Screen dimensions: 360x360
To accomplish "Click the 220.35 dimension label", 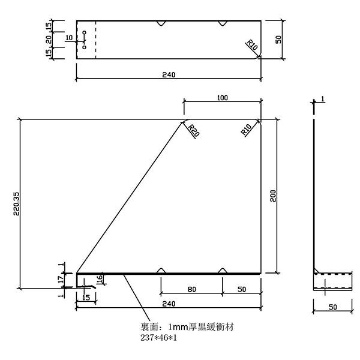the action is (17, 204).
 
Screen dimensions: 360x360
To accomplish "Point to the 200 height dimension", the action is (273, 196).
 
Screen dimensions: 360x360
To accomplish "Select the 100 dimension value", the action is (222, 98).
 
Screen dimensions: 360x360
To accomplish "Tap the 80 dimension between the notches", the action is (192, 290).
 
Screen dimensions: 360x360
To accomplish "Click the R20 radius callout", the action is (194, 130).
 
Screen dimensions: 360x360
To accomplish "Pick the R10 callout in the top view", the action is (252, 45).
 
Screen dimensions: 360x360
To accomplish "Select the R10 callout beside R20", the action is (246, 130).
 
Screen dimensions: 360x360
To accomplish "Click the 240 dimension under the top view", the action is (169, 75).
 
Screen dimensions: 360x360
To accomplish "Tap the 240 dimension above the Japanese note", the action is (169, 304).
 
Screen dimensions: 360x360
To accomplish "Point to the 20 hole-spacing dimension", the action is (49, 40).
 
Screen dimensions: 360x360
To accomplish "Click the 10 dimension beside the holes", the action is (69, 38).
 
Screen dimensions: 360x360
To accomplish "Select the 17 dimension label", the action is (61, 279).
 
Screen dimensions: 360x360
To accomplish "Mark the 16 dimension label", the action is (100, 278).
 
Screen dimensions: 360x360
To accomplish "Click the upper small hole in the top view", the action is (84, 32).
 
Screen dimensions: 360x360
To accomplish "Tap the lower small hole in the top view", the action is (84, 47).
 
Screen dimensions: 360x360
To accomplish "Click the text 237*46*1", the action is (158, 338).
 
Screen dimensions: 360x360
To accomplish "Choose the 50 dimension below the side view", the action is (332, 307).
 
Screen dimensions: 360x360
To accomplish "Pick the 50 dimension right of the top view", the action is (278, 40).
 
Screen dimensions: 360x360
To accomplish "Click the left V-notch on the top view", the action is (161, 23).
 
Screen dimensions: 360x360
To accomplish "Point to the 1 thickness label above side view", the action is (323, 99).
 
